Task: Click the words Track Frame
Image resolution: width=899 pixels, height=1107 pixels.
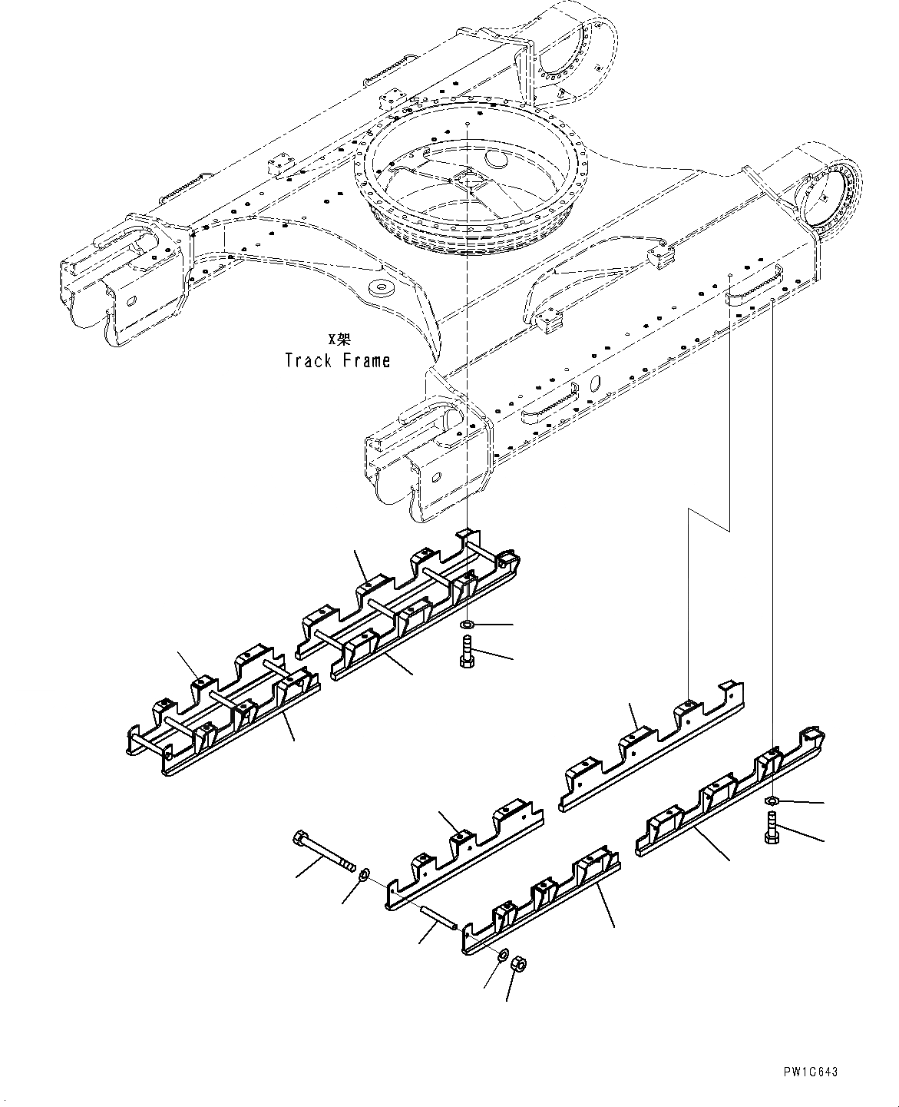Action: click(337, 360)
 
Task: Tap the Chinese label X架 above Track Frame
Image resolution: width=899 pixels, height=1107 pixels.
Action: click(338, 339)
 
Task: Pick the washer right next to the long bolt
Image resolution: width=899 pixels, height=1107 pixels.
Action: click(365, 872)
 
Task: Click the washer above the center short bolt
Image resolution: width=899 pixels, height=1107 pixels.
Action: click(467, 625)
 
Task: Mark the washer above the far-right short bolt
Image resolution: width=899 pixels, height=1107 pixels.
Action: click(771, 802)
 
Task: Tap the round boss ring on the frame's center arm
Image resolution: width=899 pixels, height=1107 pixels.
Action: click(379, 288)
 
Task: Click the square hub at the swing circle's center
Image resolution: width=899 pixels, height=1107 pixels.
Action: click(468, 179)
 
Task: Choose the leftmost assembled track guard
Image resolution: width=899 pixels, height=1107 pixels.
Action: click(223, 711)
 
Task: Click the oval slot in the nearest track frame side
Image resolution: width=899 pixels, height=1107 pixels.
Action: click(436, 477)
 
